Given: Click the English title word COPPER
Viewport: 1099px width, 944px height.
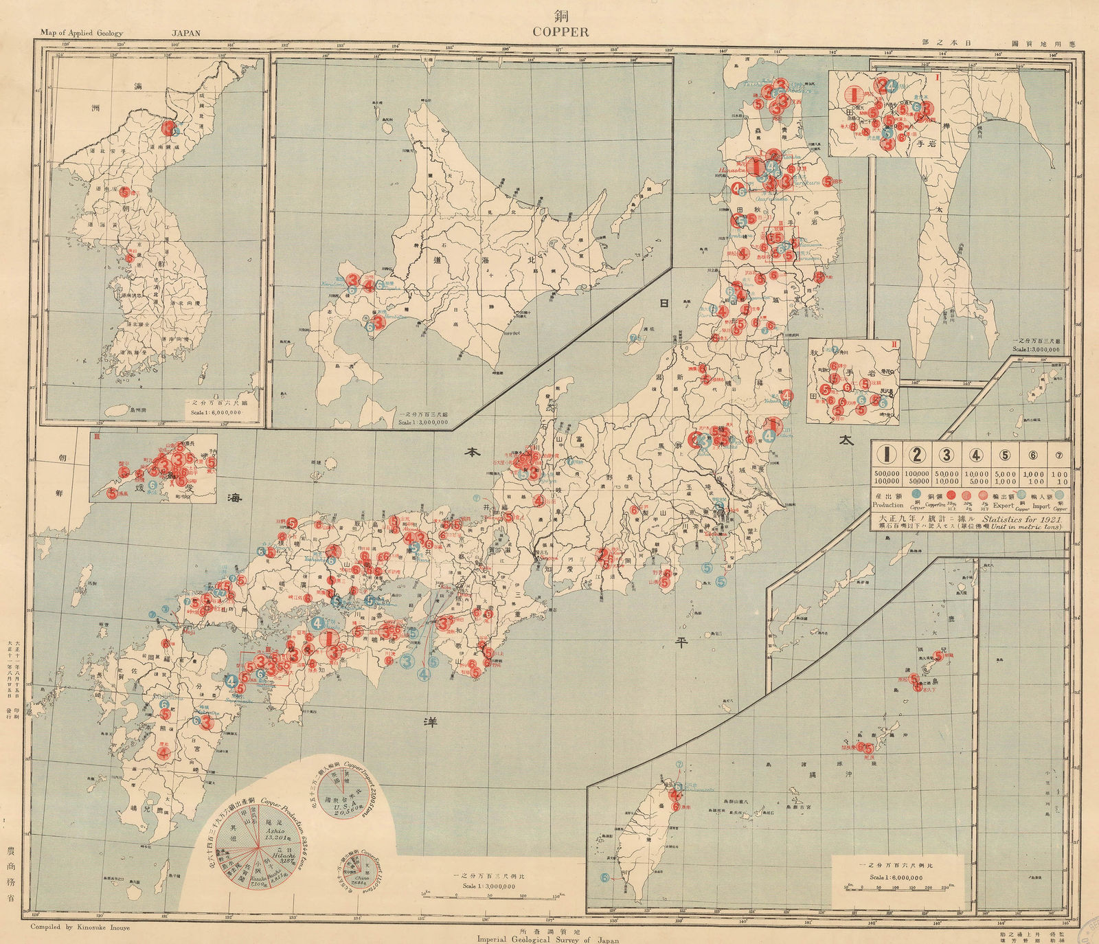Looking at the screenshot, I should tap(560, 32).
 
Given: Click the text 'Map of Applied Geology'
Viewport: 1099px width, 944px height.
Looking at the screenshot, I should tap(82, 32).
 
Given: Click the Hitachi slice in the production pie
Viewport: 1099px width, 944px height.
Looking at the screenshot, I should tap(282, 849).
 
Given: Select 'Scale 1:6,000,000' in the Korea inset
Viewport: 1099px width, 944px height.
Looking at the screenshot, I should tap(218, 414).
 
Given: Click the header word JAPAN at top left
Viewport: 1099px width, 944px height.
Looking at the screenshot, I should tap(185, 32).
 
